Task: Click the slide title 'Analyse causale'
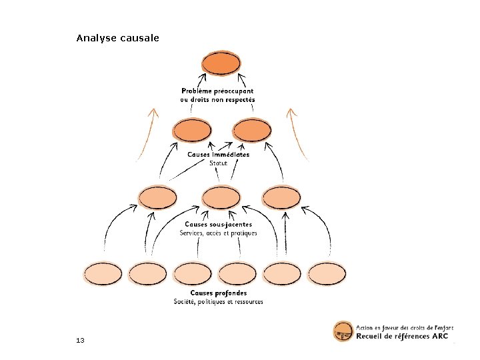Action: pyautogui.click(x=117, y=38)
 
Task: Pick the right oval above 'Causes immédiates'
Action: pyautogui.click(x=251, y=130)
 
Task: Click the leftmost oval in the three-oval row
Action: pyautogui.click(x=157, y=197)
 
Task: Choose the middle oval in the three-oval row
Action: pyautogui.click(x=221, y=197)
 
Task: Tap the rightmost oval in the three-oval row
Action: pyautogui.click(x=281, y=197)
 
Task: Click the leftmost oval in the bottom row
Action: pyautogui.click(x=103, y=273)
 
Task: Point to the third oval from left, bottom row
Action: pyautogui.click(x=193, y=273)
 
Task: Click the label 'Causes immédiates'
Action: pyautogui.click(x=218, y=155)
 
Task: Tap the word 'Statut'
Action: pyautogui.click(x=218, y=163)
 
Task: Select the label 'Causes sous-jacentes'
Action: pyautogui.click(x=218, y=225)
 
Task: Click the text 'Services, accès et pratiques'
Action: pyautogui.click(x=218, y=233)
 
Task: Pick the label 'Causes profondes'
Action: pyautogui.click(x=218, y=293)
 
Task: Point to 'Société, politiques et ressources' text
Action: pyautogui.click(x=218, y=302)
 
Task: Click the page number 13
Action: pyautogui.click(x=80, y=341)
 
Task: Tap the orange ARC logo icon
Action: pyautogui.click(x=343, y=331)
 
